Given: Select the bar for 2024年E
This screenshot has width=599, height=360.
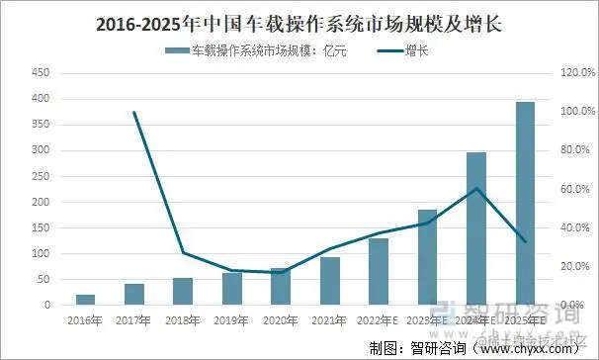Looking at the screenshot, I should [x=476, y=228].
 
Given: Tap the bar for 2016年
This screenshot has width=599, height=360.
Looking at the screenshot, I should [x=85, y=300].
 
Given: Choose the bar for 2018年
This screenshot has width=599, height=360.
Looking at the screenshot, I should [x=183, y=291].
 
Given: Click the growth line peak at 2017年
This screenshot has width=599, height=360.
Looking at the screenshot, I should [x=134, y=112].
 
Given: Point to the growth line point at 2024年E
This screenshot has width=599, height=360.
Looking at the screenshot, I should [x=476, y=188].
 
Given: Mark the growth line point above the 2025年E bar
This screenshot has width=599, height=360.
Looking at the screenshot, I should [x=525, y=241].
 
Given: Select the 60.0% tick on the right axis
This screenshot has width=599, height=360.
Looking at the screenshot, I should [x=576, y=189].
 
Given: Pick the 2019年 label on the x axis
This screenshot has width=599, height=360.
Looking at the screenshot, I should [x=231, y=319].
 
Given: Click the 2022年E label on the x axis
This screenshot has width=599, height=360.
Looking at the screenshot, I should [x=379, y=319].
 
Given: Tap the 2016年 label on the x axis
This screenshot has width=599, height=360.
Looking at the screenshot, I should [x=85, y=319].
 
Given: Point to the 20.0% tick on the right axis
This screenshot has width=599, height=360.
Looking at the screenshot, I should [x=576, y=266].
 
